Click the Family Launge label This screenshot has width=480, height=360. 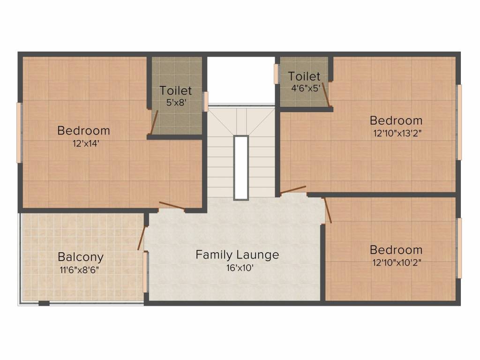pyautogui.click(x=237, y=255)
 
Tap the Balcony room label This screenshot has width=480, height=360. pyautogui.click(x=81, y=257)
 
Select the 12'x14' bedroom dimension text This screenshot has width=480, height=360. pyautogui.click(x=86, y=143)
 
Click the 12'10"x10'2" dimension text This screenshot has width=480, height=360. pyautogui.click(x=397, y=262)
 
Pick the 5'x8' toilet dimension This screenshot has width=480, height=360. pyautogui.click(x=176, y=102)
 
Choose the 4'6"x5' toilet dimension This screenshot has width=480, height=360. pyautogui.click(x=306, y=88)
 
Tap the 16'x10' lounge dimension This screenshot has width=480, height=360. pyautogui.click(x=240, y=268)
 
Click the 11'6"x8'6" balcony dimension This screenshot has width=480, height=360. pyautogui.click(x=79, y=270)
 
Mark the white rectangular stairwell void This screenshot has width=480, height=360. pyautogui.click(x=240, y=168)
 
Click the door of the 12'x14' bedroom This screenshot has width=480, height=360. pyautogui.click(x=172, y=206)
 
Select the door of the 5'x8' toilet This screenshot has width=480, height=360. pyautogui.click(x=154, y=122)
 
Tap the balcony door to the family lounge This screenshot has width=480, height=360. pyautogui.click(x=142, y=238)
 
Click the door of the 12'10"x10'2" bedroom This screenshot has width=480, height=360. pyautogui.click(x=328, y=210)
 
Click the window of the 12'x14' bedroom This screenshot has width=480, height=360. pyautogui.click(x=19, y=133)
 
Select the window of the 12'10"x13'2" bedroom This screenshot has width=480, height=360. pyautogui.click(x=459, y=122)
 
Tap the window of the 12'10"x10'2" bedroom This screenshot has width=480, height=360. pyautogui.click(x=459, y=248)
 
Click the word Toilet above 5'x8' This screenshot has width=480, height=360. pyautogui.click(x=176, y=90)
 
